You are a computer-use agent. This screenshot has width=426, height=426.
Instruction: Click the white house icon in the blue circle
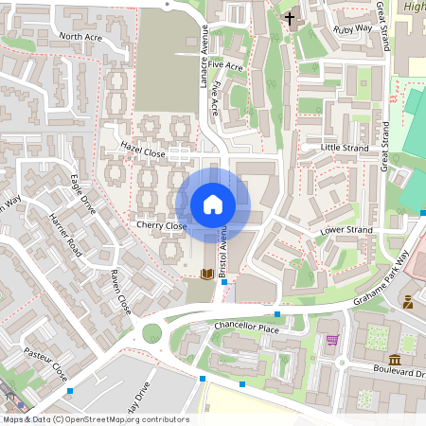pyautogui.click(x=213, y=204)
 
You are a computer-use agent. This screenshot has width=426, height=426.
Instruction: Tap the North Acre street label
pyautogui.click(x=80, y=37)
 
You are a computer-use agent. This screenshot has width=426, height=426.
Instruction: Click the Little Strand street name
pyautogui.click(x=344, y=148)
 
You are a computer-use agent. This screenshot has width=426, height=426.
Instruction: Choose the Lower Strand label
pyautogui.click(x=346, y=230)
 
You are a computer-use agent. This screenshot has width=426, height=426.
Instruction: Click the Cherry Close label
pyautogui.click(x=161, y=226)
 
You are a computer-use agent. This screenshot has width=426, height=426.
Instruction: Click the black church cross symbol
pyautogui.click(x=290, y=18)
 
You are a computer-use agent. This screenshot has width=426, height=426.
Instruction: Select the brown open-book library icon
pyautogui.click(x=206, y=275)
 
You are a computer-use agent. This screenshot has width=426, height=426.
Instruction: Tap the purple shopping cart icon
pyautogui.click(x=331, y=339)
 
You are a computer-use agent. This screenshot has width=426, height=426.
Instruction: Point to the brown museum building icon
pyautogui.click(x=393, y=360)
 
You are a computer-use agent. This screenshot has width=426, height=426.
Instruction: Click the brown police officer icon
pyautogui.click(x=407, y=303)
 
